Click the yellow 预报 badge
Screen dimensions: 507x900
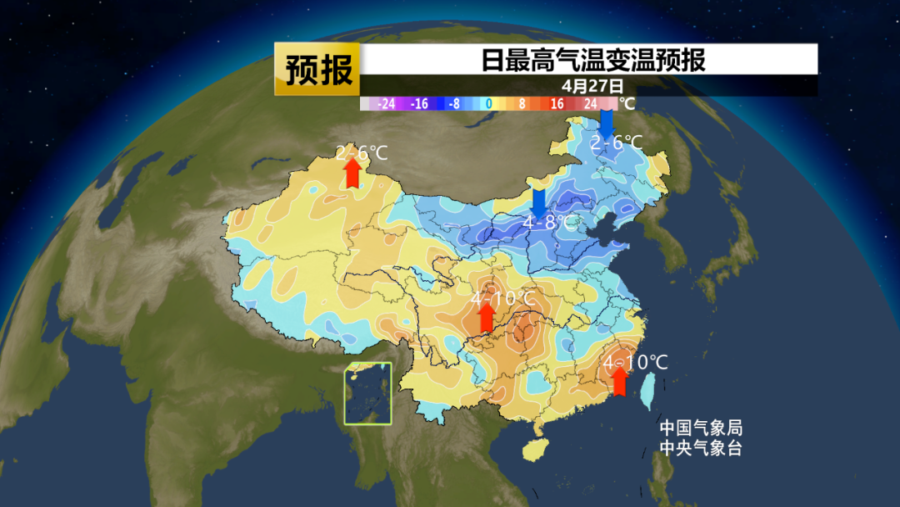tap(317, 69)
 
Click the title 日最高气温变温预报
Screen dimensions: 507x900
tap(592, 60)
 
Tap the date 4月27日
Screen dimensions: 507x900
tap(592, 85)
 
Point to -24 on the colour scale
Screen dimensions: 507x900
tap(386, 104)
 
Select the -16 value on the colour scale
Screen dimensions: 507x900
tap(419, 104)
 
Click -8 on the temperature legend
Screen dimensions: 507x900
tap(453, 104)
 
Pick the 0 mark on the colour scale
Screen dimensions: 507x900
tap(489, 104)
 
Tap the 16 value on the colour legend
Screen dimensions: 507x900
tap(557, 104)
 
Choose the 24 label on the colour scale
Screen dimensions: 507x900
tap(590, 104)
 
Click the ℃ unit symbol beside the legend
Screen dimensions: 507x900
tap(627, 104)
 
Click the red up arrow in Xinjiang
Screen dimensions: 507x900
tap(352, 172)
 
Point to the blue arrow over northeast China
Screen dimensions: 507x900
tap(607, 123)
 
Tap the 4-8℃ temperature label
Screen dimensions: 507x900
tap(549, 223)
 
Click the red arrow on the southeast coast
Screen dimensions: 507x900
tap(619, 380)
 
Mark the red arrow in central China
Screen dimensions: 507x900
tap(487, 316)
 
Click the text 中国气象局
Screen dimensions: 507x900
tap(700, 428)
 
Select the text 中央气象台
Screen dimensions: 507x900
tap(700, 448)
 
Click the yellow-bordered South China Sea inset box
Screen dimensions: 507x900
tap(368, 394)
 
